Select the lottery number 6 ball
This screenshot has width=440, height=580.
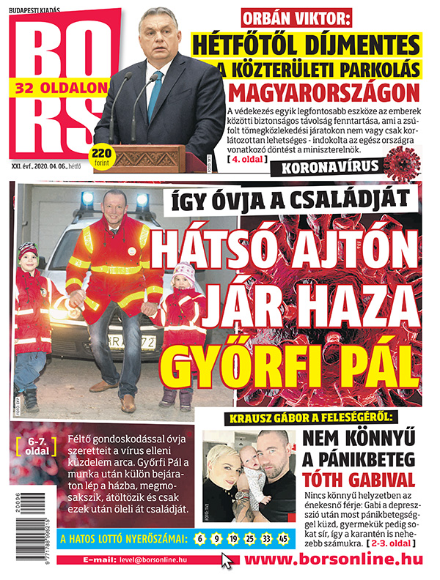199,540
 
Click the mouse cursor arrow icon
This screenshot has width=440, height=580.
228,562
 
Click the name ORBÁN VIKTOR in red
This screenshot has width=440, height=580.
296,18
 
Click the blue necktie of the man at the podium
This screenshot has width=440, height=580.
155,94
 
